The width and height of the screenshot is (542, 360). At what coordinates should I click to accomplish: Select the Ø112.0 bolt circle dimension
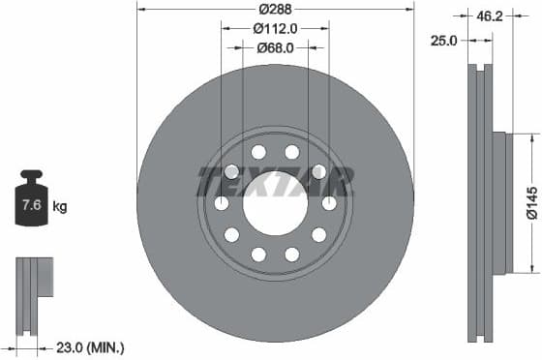275,28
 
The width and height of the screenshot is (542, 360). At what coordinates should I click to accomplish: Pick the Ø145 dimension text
531,204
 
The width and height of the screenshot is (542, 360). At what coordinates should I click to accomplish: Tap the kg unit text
60,206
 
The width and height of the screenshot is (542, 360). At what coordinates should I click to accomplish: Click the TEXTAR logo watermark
275,180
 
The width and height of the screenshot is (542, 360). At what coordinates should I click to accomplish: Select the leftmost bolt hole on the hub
221,203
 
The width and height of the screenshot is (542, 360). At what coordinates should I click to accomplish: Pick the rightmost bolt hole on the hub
329,203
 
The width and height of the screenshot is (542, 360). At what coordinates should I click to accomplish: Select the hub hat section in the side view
499,203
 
